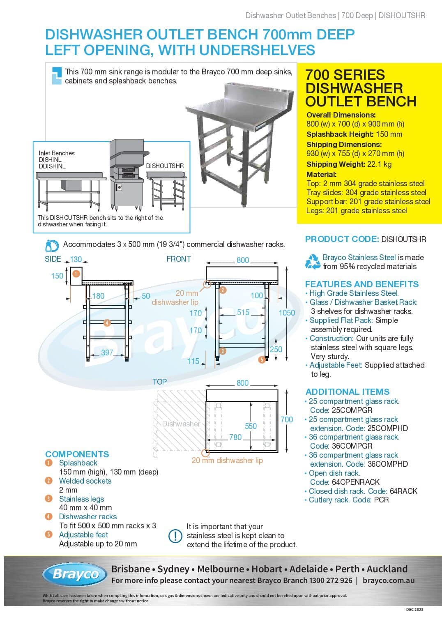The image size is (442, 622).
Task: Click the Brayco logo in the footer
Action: pos(75,574)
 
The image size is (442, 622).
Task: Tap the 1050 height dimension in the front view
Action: pos(287,313)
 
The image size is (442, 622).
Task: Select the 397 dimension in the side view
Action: pos(107,352)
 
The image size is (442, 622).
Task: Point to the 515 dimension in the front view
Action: pos(243,312)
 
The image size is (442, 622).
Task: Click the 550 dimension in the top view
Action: pos(251,426)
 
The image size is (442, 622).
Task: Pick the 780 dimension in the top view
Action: pos(235,437)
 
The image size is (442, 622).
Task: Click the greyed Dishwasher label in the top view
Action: pos(181,424)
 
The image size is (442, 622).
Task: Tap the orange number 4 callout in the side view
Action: pos(107,323)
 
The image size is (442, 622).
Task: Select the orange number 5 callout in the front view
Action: pos(262,360)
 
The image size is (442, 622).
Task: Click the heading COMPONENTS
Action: pos(77,454)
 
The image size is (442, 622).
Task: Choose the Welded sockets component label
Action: pos(85,481)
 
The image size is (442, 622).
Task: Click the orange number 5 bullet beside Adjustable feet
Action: pos(49,534)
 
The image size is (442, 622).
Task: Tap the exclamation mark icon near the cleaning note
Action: pos(175,536)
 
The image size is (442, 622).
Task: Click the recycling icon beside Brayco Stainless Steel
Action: pos(313,262)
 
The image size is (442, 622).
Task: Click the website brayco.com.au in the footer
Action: pos(389,581)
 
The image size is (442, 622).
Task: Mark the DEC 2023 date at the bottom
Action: pos(414,610)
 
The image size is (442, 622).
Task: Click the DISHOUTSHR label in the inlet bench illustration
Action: pos(165,166)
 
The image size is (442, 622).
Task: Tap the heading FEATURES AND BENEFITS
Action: pos(362,284)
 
